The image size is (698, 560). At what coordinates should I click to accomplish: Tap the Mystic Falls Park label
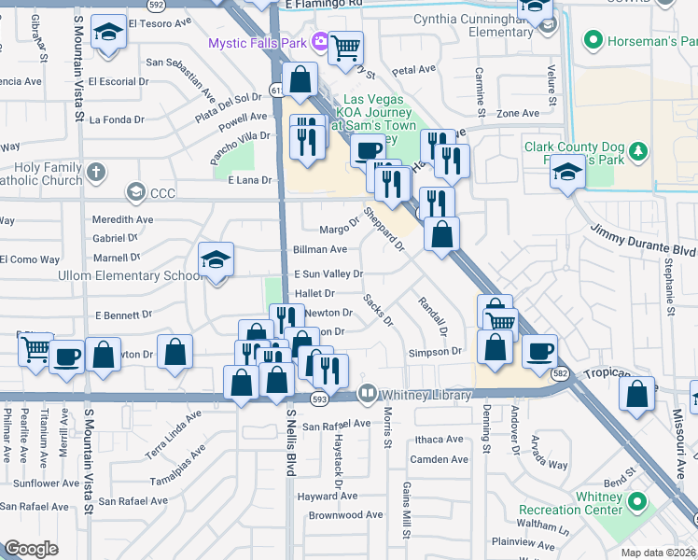[x=258, y=42]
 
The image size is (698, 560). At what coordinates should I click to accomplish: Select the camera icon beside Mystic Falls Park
[x=320, y=40]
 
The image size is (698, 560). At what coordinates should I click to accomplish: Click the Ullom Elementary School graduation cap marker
[x=216, y=260]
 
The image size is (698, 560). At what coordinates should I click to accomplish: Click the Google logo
[x=31, y=549]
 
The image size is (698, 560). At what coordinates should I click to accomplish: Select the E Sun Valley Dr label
[x=328, y=273]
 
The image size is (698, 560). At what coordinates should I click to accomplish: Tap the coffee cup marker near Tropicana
[x=539, y=351]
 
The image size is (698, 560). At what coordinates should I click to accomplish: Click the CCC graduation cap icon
[x=135, y=192]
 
